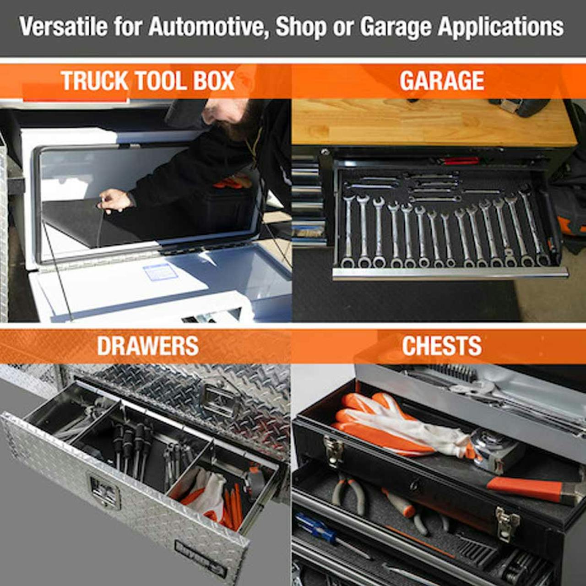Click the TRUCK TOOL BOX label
147,81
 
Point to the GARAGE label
441,81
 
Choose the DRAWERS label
148,346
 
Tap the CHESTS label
442,346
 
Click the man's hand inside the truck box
115,201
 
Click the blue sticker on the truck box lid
160,271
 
